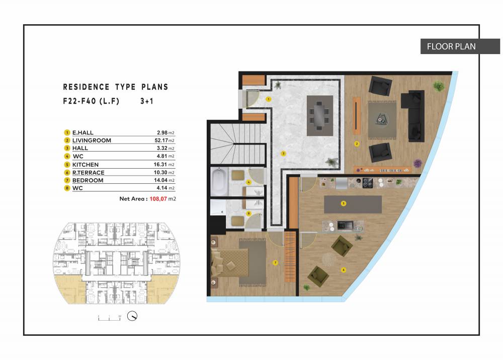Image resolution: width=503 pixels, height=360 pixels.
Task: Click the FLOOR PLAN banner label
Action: point(451,46)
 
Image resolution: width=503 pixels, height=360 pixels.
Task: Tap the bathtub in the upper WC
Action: point(219,182)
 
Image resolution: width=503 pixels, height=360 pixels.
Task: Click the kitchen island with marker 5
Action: point(353,204)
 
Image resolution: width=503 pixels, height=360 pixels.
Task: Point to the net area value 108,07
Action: point(158,199)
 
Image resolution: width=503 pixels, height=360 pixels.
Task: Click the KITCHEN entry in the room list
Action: point(86,165)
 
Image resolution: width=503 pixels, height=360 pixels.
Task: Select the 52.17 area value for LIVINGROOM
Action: point(161,140)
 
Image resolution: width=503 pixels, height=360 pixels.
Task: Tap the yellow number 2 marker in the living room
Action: point(357,143)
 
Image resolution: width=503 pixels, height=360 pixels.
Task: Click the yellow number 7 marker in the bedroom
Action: point(275,263)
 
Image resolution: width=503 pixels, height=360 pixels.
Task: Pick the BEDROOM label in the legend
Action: point(88,180)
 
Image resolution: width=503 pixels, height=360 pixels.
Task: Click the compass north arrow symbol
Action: point(132,316)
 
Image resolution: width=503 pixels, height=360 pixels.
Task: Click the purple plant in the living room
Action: point(417,164)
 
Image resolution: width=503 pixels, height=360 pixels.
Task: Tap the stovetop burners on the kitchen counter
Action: point(368,183)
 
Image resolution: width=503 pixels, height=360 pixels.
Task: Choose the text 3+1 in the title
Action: point(146,101)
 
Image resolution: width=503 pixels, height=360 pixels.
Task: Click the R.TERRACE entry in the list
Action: point(88,173)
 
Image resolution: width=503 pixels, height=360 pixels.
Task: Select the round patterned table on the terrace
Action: point(328,259)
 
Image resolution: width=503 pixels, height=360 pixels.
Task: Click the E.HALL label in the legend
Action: point(83,132)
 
